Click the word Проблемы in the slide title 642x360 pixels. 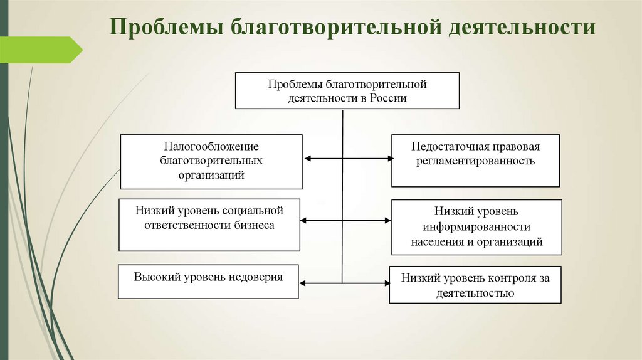click(166, 27)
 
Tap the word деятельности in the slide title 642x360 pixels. click(522, 28)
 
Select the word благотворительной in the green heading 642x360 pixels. click(336, 28)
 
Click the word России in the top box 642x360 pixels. click(388, 98)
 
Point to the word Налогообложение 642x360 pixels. click(211, 146)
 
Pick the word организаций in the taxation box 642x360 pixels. click(211, 175)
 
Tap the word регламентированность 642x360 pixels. click(475, 161)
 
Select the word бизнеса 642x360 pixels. click(255, 225)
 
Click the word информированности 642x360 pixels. click(476, 226)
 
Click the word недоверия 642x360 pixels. click(256, 277)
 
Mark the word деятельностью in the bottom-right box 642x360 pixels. click(475, 293)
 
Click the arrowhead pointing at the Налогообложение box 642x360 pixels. click(307, 159)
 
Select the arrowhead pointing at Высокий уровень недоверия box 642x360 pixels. click(302, 283)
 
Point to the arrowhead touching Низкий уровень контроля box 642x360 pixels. click(386, 283)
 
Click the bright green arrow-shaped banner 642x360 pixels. click(41, 50)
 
